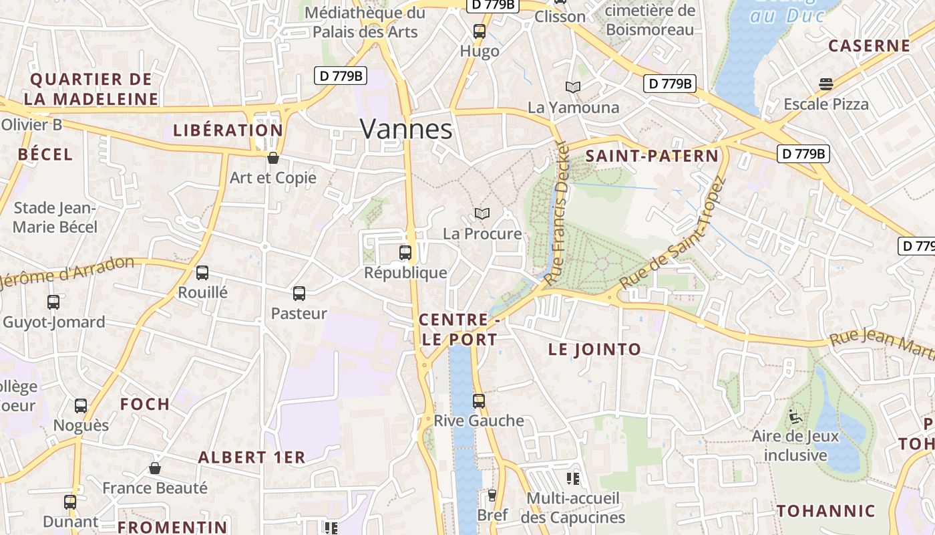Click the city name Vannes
pos(406,129)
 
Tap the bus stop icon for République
pos(405,253)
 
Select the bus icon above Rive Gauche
pos(479,401)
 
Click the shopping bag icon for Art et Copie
pos(272,158)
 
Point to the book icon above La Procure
pos(482,213)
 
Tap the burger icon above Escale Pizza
pos(826,84)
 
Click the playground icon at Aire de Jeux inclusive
pos(795,417)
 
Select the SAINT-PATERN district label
pos(652,156)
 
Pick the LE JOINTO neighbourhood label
pos(594,349)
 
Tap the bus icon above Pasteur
pos(299,293)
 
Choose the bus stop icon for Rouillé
pos(202,273)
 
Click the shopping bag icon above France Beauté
pos(155,468)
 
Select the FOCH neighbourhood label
pos(145,404)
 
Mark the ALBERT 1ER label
pos(252,457)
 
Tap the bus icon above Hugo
pos(480,31)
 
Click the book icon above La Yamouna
pos(573,87)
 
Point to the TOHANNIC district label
pos(825,511)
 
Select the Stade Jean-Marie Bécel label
pos(55,217)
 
